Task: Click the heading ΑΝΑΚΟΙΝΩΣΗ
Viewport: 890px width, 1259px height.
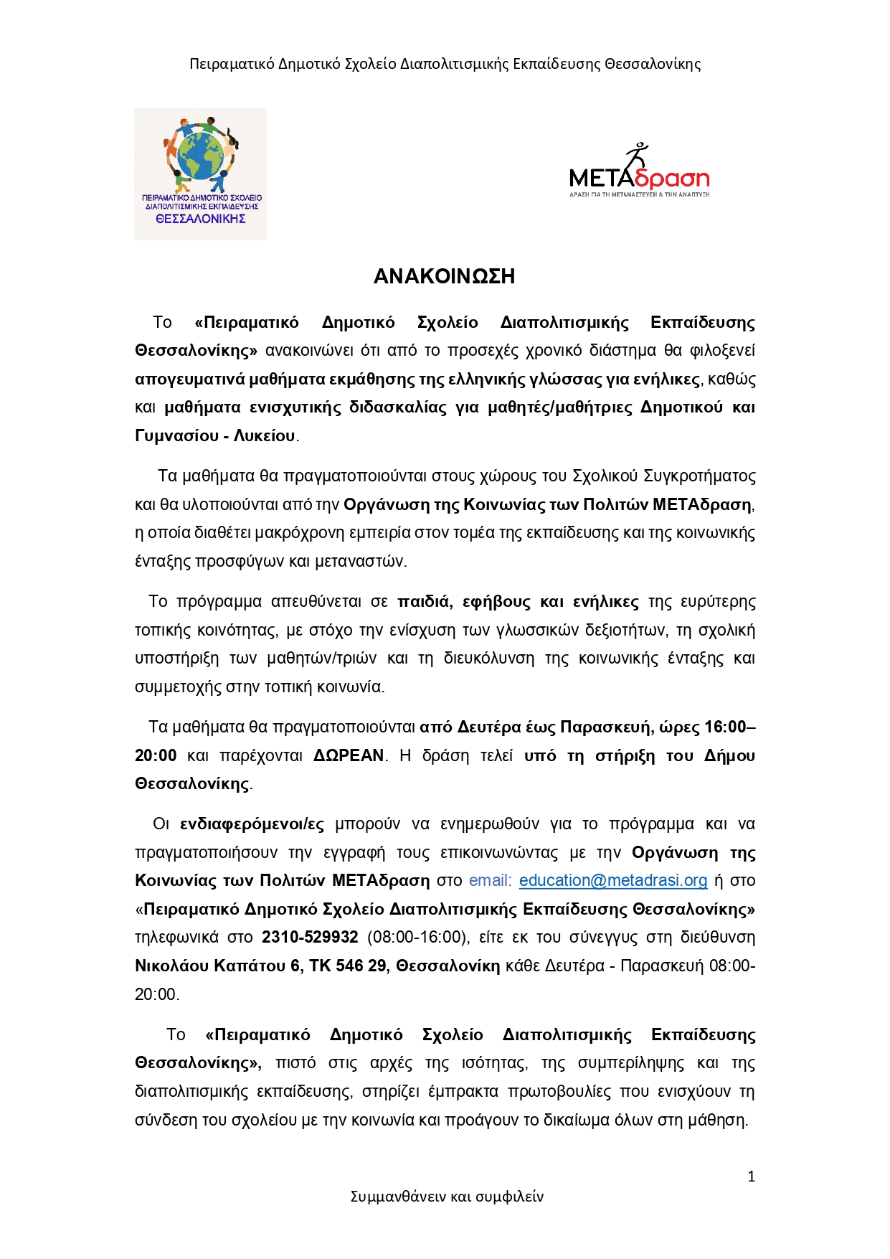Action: click(444, 277)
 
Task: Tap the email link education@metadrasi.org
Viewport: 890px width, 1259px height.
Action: click(613, 880)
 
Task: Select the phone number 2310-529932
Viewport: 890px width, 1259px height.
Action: click(310, 937)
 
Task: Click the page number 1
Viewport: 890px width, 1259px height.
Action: click(751, 1176)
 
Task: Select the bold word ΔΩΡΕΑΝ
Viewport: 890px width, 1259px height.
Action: click(349, 755)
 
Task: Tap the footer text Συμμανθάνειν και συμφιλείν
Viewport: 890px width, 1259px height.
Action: click(447, 1196)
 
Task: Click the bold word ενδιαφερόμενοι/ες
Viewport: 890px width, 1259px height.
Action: click(252, 824)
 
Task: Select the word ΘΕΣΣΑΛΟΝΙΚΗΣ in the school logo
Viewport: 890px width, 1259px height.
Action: click(201, 219)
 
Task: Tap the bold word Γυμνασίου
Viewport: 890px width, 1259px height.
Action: click(176, 435)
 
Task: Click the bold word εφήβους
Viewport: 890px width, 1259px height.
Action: click(496, 601)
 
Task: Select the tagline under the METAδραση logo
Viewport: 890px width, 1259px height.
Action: click(639, 194)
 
